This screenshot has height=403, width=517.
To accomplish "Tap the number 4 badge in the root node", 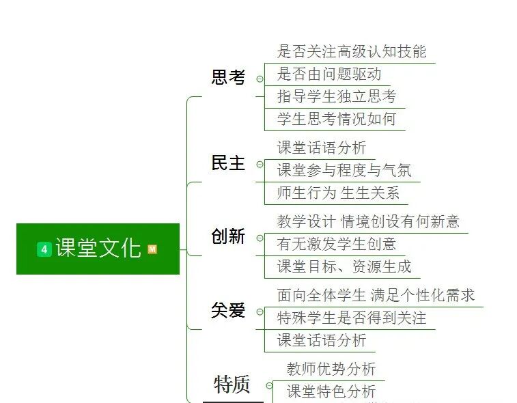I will [44, 249].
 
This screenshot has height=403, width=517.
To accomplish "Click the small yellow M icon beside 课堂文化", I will [152, 249].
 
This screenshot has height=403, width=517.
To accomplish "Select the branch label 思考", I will [228, 77].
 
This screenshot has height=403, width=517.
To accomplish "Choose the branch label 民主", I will [228, 163].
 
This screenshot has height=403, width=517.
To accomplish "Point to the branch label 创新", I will [228, 237].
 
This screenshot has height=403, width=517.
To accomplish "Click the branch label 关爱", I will [228, 311].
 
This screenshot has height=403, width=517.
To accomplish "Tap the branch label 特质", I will [232, 385].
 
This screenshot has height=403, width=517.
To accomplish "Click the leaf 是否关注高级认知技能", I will [351, 51].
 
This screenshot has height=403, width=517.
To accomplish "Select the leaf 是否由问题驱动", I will [329, 74].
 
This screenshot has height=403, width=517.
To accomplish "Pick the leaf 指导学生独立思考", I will [337, 96].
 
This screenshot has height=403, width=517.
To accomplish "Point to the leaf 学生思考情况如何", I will [337, 119].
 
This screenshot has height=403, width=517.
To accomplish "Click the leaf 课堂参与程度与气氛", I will [344, 170].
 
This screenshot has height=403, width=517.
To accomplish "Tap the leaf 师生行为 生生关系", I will [338, 193].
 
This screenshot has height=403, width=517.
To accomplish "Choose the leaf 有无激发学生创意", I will [337, 244].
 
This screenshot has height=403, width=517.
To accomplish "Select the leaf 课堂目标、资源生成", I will [344, 266].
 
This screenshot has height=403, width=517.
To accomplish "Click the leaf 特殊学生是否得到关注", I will [352, 318].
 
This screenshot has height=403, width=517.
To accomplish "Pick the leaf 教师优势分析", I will [331, 369].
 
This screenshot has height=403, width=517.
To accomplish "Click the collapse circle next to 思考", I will [260, 79].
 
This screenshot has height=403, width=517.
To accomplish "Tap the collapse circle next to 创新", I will [260, 238].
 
